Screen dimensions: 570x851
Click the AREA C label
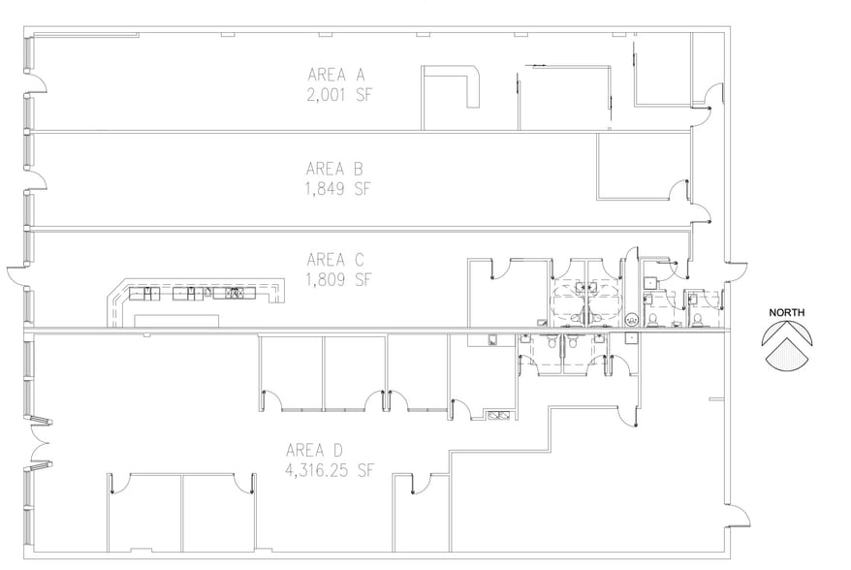click(x=333, y=259)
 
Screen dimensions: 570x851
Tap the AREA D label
click(x=314, y=450)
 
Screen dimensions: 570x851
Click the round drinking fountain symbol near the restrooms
click(x=632, y=317)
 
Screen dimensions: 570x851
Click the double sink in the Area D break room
click(x=501, y=416)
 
